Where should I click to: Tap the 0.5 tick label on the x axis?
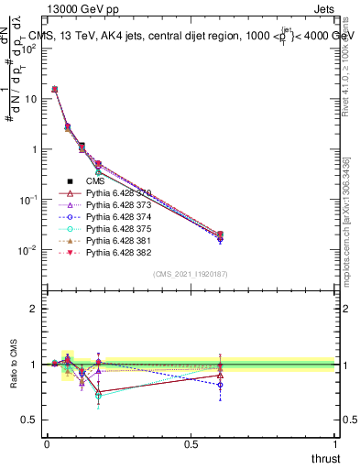pos(191,443)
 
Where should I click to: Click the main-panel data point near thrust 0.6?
pos(220,235)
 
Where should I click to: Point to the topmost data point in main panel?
pos(55,89)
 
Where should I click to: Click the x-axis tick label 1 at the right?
pos(335,443)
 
